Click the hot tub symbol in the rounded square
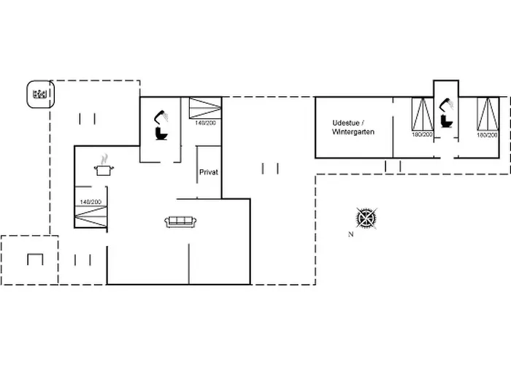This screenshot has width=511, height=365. pyautogui.click(x=39, y=94)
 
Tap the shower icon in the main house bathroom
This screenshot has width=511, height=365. pyautogui.click(x=161, y=117)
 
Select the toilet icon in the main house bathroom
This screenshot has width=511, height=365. pyautogui.click(x=161, y=134)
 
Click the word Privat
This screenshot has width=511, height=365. pyautogui.click(x=209, y=172)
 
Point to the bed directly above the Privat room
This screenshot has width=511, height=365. pyautogui.click(x=205, y=108)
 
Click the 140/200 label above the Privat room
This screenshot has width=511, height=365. pyautogui.click(x=205, y=123)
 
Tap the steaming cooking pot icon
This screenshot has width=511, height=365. pyautogui.click(x=104, y=166)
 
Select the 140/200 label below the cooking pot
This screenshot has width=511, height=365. pyautogui.click(x=91, y=202)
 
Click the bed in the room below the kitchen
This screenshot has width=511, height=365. pyautogui.click(x=91, y=216)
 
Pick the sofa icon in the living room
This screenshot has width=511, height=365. pyautogui.click(x=180, y=222)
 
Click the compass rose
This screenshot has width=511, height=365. pyautogui.click(x=366, y=218)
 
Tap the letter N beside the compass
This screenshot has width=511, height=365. pyautogui.click(x=350, y=234)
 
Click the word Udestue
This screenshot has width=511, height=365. pyautogui.click(x=346, y=123)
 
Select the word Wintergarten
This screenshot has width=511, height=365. pyautogui.click(x=353, y=132)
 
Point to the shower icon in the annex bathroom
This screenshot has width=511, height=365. pyautogui.click(x=447, y=105)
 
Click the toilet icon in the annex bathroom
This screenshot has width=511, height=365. pyautogui.click(x=446, y=121)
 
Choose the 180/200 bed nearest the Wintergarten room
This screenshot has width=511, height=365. pyautogui.click(x=423, y=114)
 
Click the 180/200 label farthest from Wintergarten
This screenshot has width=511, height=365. pyautogui.click(x=487, y=135)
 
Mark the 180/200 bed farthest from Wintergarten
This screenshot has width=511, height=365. pyautogui.click(x=488, y=114)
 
